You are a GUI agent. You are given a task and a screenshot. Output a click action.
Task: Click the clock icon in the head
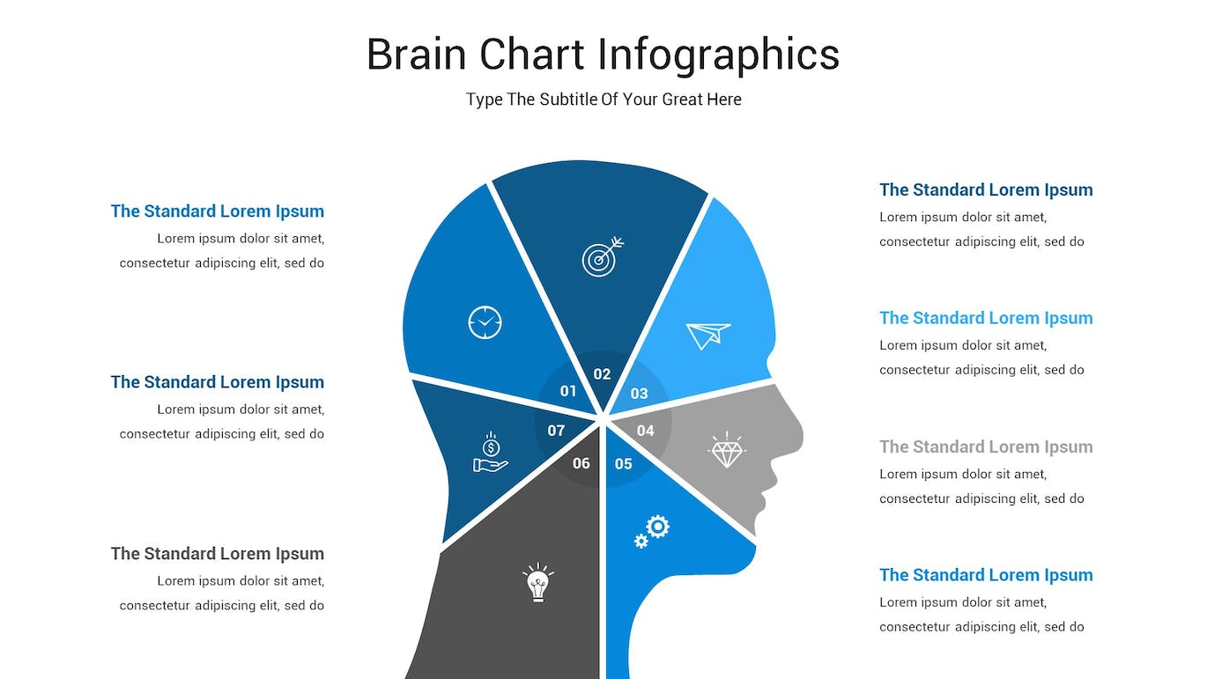point(485,322)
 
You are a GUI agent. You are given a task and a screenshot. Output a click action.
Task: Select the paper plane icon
point(708,336)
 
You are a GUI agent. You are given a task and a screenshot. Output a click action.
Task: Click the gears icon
point(652,531)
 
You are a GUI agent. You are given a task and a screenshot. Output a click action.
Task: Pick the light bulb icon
point(538,582)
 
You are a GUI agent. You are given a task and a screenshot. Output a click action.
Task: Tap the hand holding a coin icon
point(491,452)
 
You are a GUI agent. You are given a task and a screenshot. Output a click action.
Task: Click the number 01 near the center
point(568,391)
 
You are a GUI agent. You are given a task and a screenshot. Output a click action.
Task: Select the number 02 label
point(602,374)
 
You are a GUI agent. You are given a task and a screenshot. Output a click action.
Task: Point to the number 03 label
point(639,394)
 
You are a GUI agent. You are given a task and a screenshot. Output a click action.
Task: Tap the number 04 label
point(646,431)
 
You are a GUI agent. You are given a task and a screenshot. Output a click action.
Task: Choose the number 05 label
point(624,464)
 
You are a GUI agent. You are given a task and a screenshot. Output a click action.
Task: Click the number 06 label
point(581,463)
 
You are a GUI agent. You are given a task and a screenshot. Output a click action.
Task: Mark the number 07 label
point(556,431)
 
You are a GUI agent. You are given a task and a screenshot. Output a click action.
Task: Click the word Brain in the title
point(416,55)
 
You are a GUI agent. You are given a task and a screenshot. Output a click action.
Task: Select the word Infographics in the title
point(719,55)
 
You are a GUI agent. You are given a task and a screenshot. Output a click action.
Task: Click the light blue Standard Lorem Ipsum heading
point(986,318)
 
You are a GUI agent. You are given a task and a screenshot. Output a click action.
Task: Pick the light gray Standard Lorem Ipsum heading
point(986,447)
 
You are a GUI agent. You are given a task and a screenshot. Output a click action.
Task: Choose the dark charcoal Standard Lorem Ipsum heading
point(218,553)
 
